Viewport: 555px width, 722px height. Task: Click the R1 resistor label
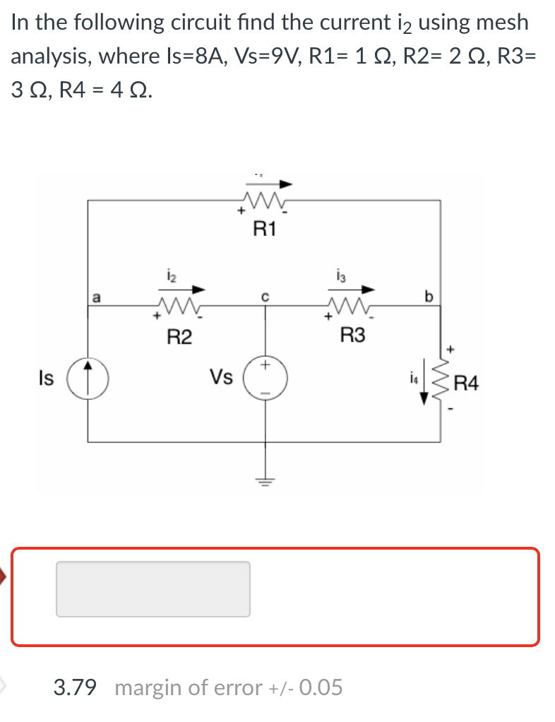coord(265,228)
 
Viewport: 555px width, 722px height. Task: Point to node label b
coord(427,295)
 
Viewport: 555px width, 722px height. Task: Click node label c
coord(265,297)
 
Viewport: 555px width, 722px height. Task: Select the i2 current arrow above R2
coord(184,288)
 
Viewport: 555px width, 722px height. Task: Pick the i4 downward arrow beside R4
coord(424,390)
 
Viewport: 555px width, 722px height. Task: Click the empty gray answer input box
coord(153,588)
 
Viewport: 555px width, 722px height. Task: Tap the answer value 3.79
coord(75,687)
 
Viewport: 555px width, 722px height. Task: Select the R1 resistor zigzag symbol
coord(264,203)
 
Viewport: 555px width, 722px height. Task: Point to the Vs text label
coord(220,377)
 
